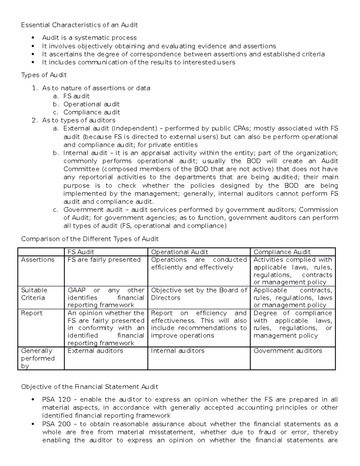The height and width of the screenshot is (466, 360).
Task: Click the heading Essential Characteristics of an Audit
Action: click(79, 25)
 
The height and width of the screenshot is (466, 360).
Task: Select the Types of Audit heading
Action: click(44, 75)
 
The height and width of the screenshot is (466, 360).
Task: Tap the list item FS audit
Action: click(76, 96)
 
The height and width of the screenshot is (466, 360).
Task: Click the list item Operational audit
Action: click(91, 104)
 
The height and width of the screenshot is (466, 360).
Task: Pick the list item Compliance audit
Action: click(91, 112)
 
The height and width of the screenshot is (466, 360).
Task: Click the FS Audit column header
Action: click(81, 252)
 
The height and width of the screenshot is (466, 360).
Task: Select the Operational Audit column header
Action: click(179, 252)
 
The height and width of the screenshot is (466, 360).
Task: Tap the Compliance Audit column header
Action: click(282, 252)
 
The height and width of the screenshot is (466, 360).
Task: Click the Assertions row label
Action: click(38, 260)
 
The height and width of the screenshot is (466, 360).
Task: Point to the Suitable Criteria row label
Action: click(34, 294)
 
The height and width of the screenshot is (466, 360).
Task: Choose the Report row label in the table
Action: click(32, 313)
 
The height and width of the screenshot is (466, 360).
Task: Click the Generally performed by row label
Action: click(38, 358)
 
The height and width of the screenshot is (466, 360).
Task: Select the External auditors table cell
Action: click(95, 351)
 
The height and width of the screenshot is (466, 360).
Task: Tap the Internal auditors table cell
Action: click(178, 351)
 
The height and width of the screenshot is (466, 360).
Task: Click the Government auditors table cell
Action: click(288, 351)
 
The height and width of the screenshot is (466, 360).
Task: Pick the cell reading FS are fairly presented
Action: click(104, 260)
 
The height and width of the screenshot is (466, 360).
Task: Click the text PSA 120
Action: click(56, 399)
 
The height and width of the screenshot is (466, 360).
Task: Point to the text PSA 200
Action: click(56, 424)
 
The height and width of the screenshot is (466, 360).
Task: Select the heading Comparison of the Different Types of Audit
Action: click(90, 239)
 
